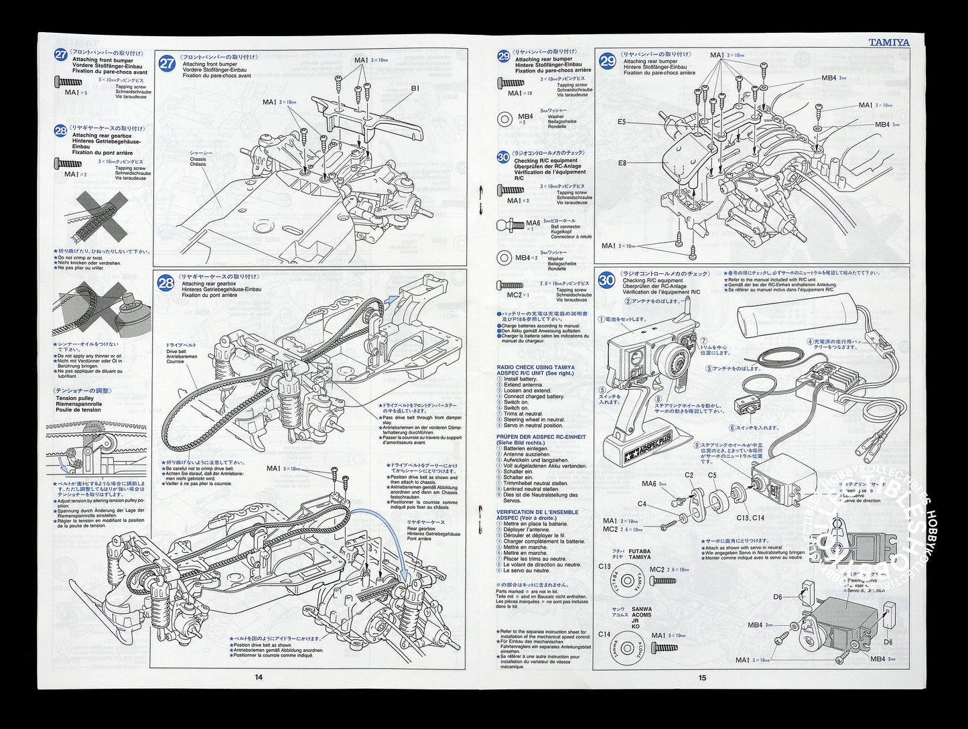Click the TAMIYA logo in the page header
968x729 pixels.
click(x=889, y=42)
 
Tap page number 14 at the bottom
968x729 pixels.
click(x=259, y=677)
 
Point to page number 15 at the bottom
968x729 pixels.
click(x=702, y=677)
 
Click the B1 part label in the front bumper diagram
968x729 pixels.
click(x=415, y=88)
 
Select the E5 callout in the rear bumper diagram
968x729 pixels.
click(x=622, y=122)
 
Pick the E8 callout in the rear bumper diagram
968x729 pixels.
click(x=622, y=163)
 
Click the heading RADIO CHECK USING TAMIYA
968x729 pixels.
click(x=535, y=367)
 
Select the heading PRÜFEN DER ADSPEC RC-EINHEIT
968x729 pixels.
click(x=541, y=437)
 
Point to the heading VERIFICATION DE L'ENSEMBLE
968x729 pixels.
click(x=537, y=512)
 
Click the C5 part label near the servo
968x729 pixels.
click(x=712, y=475)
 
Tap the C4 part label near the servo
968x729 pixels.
click(x=642, y=504)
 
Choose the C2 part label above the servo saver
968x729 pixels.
click(x=689, y=475)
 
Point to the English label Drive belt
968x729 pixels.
click(x=177, y=351)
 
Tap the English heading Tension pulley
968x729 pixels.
click(x=75, y=398)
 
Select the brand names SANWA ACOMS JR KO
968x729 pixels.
click(x=641, y=617)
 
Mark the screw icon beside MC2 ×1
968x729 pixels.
click(x=510, y=285)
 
